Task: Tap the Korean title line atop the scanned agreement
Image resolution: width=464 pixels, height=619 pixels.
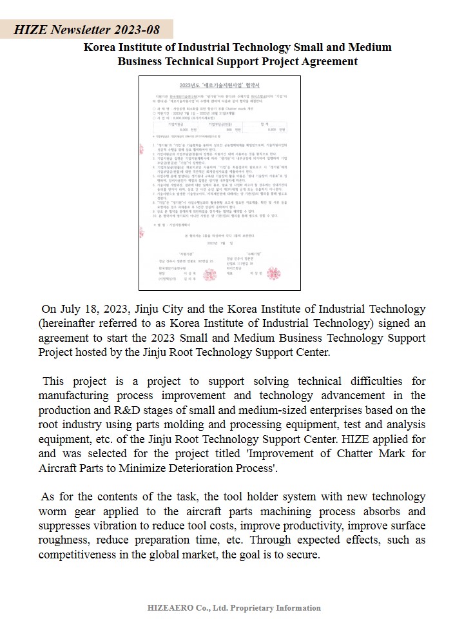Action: (x=219, y=85)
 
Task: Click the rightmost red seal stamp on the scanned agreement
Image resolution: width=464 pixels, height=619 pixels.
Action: (x=273, y=273)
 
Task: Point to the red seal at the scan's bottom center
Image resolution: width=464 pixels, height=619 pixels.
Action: (x=210, y=275)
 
